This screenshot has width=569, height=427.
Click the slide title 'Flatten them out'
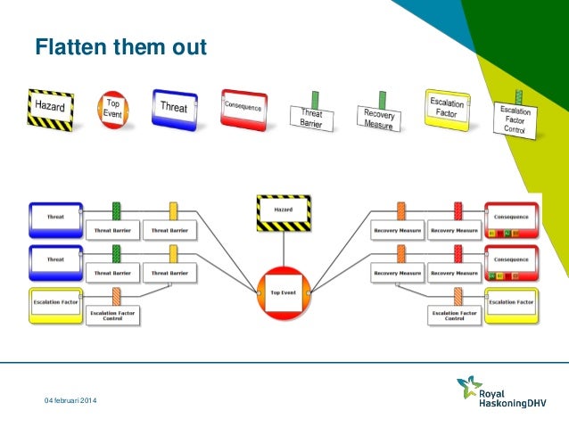coord(120,45)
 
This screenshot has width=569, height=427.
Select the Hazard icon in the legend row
coord(50,107)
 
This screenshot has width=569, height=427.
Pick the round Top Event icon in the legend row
coord(112,109)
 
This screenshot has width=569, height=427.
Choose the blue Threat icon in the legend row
coord(174,107)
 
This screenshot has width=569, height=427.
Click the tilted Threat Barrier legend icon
coord(311,117)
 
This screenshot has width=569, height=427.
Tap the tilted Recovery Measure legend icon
coord(379,117)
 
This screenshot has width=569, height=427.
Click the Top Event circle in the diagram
coord(284,292)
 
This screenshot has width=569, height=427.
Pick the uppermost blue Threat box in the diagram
coord(55,217)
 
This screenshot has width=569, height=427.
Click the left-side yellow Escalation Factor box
coord(55,303)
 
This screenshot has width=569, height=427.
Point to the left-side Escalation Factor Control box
coord(115,314)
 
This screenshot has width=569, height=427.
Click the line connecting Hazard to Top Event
coord(284,250)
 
